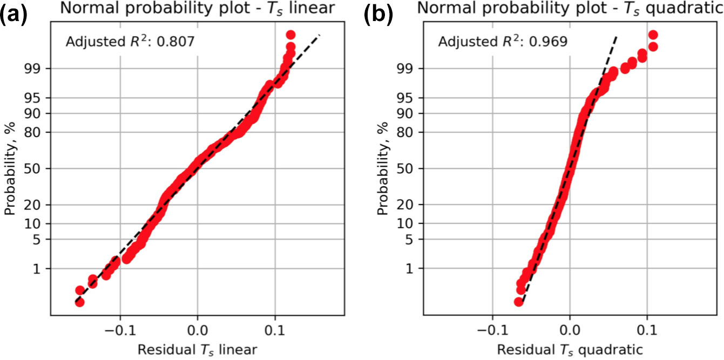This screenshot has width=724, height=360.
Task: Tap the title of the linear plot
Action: pyautogui.click(x=197, y=9)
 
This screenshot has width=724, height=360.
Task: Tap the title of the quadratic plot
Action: pyautogui.click(x=571, y=9)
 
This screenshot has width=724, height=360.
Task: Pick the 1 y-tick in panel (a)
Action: pyautogui.click(x=39, y=268)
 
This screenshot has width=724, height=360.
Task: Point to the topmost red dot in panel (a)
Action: pyautogui.click(x=290, y=35)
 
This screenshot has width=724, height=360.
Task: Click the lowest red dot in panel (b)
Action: pyautogui.click(x=519, y=302)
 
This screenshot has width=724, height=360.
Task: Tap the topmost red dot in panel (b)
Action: pyautogui.click(x=653, y=35)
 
